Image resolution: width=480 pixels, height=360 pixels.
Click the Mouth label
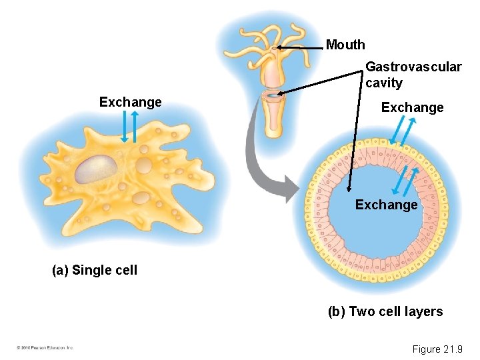345,45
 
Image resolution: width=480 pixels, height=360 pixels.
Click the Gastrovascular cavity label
413,75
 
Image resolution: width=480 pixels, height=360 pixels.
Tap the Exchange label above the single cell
130,102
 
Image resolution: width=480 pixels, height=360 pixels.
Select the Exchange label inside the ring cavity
386,205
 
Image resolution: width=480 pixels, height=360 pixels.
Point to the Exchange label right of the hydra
412,107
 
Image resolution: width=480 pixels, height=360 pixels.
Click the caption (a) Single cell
95,270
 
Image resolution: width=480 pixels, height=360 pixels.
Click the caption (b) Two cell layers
385,311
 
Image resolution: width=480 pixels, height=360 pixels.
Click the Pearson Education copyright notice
45,348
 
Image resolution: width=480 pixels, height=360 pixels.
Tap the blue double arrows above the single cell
129,126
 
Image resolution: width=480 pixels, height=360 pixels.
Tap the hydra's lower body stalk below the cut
273,120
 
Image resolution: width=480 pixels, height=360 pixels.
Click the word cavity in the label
384,83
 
